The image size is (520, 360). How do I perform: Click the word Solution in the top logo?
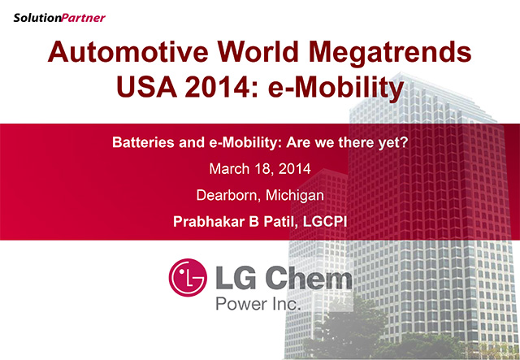pyautogui.click(x=37, y=18)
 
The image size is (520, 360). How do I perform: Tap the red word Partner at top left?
pyautogui.click(x=83, y=18)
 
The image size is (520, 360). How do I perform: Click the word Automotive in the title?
pyautogui.click(x=128, y=52)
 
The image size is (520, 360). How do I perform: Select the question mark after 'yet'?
pyautogui.click(x=404, y=142)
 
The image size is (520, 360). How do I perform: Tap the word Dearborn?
pyautogui.click(x=227, y=195)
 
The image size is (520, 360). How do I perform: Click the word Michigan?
pyautogui.click(x=295, y=196)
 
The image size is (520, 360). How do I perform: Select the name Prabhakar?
pyautogui.click(x=209, y=222)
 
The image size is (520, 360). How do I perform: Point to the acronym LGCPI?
pyautogui.click(x=325, y=222)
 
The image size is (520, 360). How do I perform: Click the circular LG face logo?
pyautogui.click(x=188, y=277)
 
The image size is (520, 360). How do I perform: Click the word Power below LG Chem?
pyautogui.click(x=241, y=304)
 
